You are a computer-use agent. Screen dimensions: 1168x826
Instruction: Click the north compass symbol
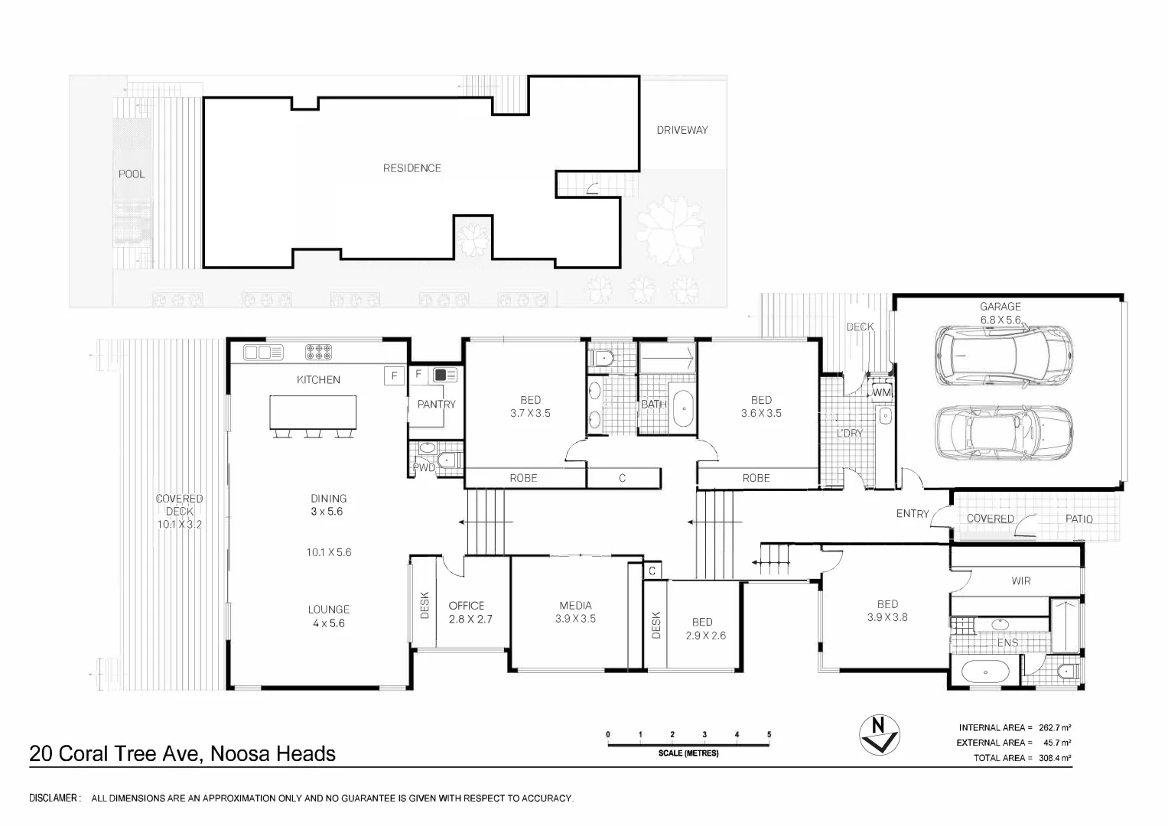(879, 735)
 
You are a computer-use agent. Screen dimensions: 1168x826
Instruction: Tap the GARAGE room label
(1000, 307)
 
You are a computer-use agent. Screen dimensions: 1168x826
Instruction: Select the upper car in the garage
(1004, 356)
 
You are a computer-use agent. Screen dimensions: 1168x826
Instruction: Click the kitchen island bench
(313, 412)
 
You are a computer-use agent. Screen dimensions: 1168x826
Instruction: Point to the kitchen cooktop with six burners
(318, 352)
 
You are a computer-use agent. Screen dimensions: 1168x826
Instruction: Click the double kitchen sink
(263, 353)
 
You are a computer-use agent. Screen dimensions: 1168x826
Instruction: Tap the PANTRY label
(437, 404)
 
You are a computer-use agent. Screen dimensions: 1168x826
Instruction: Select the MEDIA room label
(575, 606)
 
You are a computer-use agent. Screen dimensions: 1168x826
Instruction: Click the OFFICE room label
(466, 606)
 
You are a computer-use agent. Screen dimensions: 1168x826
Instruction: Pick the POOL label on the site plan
(132, 174)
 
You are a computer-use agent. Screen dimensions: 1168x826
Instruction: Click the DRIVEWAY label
(682, 130)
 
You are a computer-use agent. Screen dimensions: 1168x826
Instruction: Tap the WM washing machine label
(881, 392)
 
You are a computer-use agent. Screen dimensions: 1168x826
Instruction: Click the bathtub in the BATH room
(683, 409)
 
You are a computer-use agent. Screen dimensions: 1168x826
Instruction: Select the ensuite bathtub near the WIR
(985, 672)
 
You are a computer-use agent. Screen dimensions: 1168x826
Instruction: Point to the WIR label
(1020, 581)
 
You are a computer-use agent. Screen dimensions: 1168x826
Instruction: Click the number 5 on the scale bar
(769, 734)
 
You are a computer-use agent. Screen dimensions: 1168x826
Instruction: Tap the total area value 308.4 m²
(1054, 758)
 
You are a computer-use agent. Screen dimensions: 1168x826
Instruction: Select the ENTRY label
(913, 514)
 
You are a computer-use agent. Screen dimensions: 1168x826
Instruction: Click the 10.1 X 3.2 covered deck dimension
(180, 525)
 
